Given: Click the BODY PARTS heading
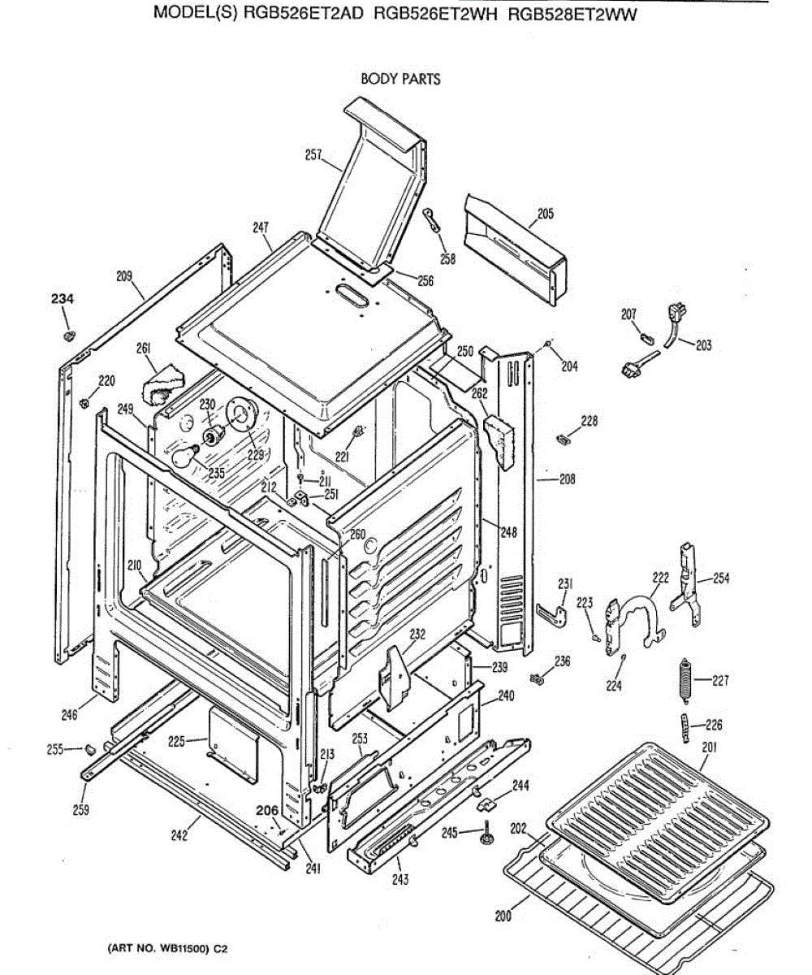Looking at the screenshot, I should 400,79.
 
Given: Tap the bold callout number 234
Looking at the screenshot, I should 63,300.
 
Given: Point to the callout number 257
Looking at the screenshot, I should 313,155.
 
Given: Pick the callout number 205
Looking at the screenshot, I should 545,214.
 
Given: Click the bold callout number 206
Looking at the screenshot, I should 266,810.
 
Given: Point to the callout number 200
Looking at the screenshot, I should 503,916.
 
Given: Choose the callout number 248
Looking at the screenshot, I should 508,532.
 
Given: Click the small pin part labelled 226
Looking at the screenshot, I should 684,726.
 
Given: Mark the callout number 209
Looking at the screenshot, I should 123,276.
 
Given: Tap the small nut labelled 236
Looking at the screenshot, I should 536,678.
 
